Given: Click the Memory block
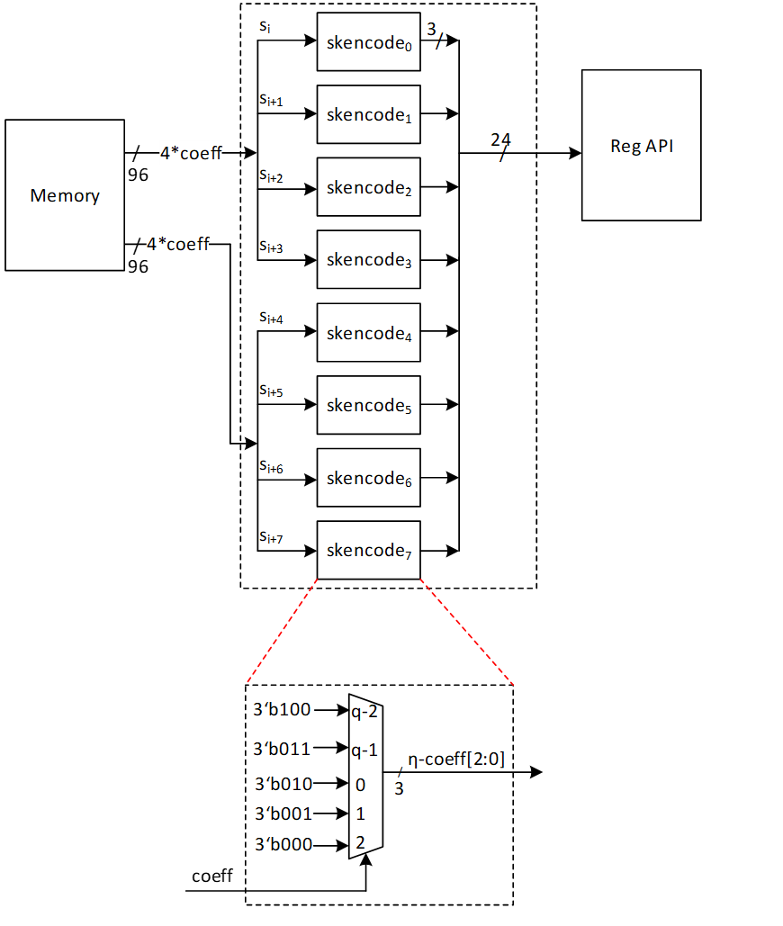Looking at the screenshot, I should pos(65,195).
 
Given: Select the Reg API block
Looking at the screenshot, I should pos(641,146).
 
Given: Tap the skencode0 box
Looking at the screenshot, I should pos(368,42).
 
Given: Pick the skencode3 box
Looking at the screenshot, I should pos(368,260).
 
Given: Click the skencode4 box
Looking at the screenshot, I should pos(368,333).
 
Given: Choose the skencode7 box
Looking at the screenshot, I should pos(368,551).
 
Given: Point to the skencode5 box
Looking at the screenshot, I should pos(368,406).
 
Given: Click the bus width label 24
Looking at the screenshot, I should pos(501,140).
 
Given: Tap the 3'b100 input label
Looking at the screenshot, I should pos(283,710).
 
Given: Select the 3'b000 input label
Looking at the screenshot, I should pos(283,845).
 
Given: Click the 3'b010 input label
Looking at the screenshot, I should pos(283,784).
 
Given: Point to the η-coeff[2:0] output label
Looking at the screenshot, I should pos(456,759).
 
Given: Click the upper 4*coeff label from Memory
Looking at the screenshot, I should pos(191,153).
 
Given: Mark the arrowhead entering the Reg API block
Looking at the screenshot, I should pos(575,153).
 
